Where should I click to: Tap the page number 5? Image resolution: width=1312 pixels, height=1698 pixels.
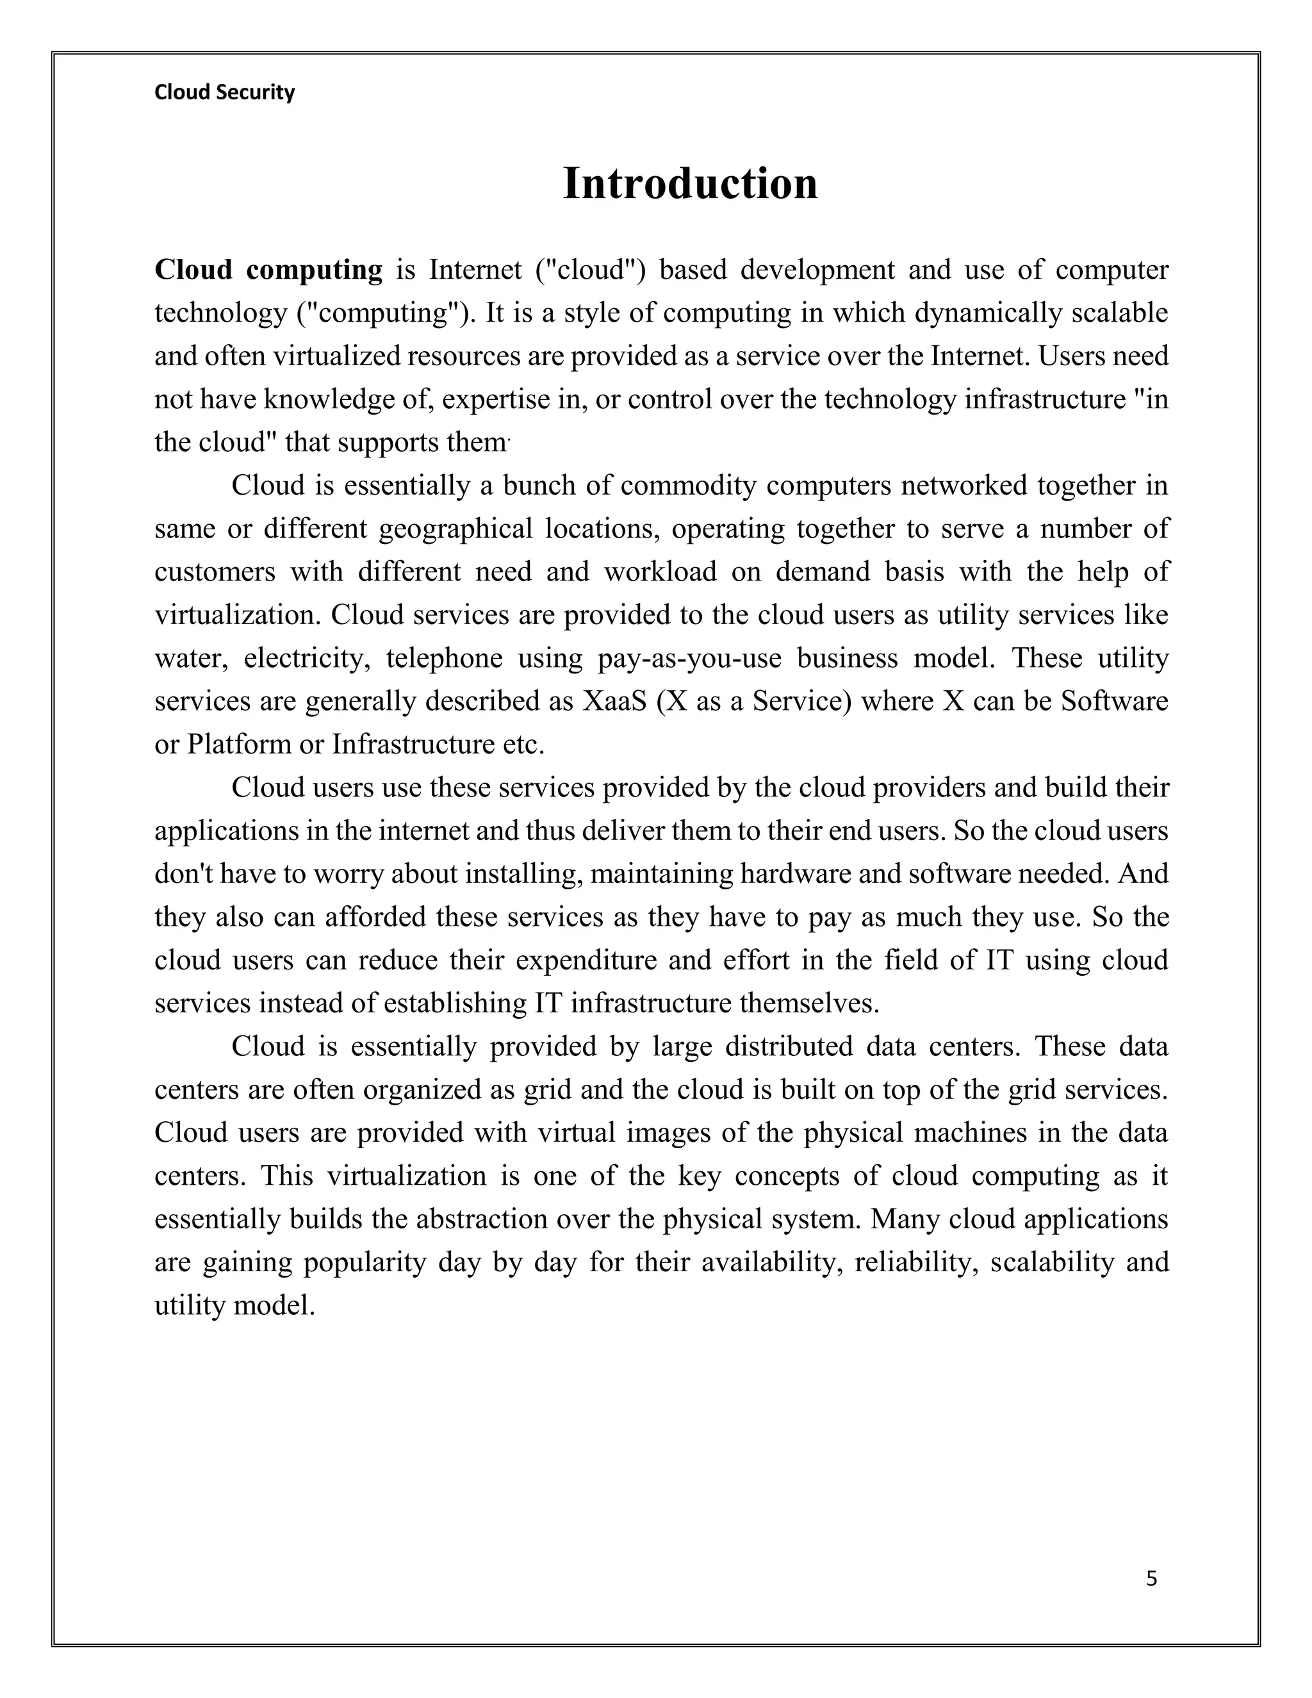click(1151, 1578)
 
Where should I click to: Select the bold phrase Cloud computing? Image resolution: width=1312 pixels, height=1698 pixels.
click(268, 270)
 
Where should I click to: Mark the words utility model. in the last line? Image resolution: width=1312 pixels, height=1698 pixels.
click(234, 1305)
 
